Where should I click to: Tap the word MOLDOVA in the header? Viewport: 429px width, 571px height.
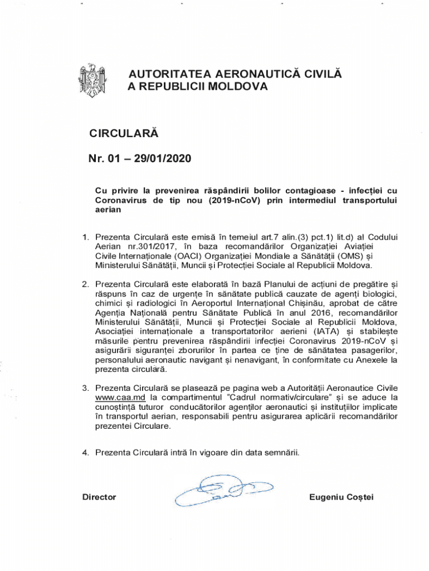pyautogui.click(x=236, y=87)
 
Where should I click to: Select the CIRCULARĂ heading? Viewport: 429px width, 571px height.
pyautogui.click(x=124, y=134)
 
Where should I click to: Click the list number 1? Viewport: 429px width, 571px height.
pyautogui.click(x=85, y=237)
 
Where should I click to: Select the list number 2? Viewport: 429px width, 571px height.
pyautogui.click(x=85, y=285)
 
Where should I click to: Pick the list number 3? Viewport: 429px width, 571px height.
pyautogui.click(x=85, y=388)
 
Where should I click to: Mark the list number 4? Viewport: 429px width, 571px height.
pyautogui.click(x=85, y=453)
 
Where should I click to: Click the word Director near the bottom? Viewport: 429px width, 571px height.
pyautogui.click(x=99, y=497)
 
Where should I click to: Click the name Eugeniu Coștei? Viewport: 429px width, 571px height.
pyautogui.click(x=340, y=497)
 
